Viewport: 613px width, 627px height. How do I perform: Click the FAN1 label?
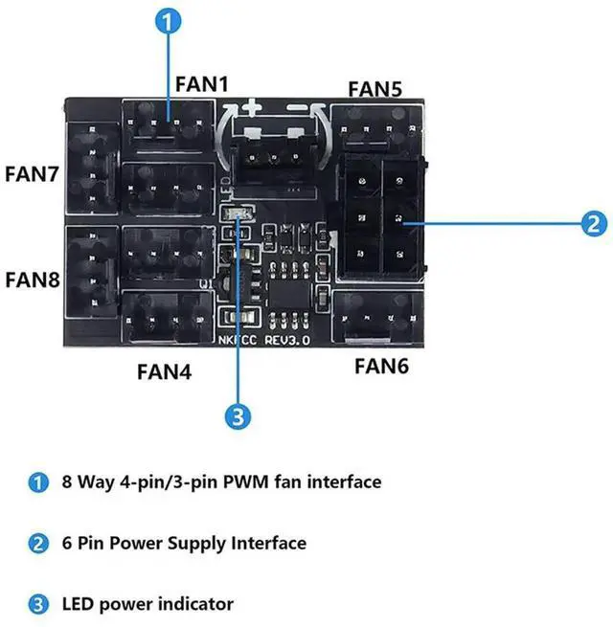pyautogui.click(x=202, y=83)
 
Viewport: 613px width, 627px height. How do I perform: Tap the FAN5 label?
pyautogui.click(x=375, y=89)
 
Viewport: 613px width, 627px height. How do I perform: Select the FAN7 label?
pyautogui.click(x=33, y=174)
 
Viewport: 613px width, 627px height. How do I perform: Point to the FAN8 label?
pyautogui.click(x=33, y=280)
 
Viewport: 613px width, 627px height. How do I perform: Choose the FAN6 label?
pyautogui.click(x=382, y=365)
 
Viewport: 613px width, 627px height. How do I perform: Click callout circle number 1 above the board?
pyautogui.click(x=168, y=20)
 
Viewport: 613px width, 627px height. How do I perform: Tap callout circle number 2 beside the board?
pyautogui.click(x=594, y=224)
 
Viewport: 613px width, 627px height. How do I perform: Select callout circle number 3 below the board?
pyautogui.click(x=238, y=416)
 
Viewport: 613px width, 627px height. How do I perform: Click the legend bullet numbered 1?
pyautogui.click(x=38, y=481)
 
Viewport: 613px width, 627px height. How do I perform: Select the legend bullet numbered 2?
pyautogui.click(x=38, y=544)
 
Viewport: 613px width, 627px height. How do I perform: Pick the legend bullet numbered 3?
pyautogui.click(x=38, y=604)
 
